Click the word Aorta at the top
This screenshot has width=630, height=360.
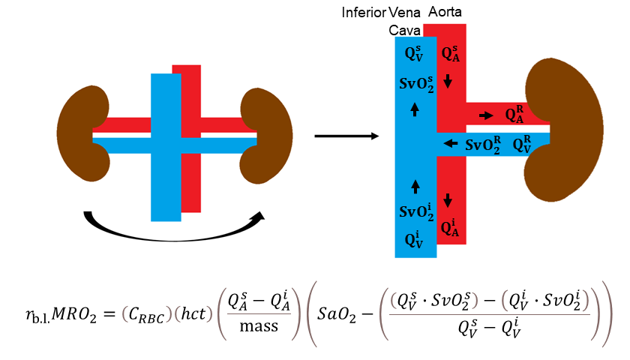tap(445, 13)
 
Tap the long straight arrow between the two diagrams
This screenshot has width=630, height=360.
tap(345, 136)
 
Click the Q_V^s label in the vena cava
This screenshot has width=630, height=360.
tap(413, 52)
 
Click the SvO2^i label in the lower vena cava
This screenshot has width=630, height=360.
tap(415, 212)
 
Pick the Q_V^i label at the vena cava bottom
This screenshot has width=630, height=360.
tap(413, 240)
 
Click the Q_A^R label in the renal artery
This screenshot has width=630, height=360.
tap(514, 115)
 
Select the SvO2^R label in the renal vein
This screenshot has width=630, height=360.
tap(484, 144)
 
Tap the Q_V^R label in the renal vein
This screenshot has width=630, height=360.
tap(522, 143)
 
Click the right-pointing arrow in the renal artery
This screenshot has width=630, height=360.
tap(487, 116)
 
